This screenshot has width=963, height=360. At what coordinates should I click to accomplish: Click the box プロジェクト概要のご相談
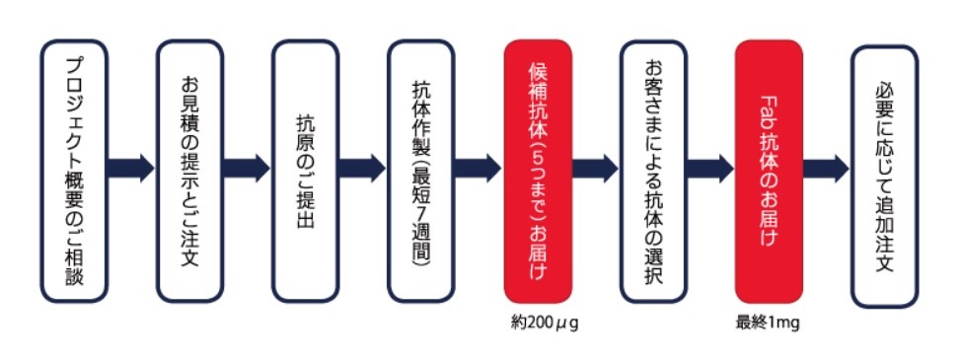tap(74, 171)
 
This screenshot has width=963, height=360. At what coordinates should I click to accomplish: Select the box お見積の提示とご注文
tap(189, 171)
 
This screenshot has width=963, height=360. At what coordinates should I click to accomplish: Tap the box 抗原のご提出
tap(305, 171)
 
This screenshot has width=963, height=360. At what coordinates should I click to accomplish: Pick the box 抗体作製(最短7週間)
tap(420, 171)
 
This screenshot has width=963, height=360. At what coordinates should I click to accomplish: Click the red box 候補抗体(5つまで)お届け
tap(538, 171)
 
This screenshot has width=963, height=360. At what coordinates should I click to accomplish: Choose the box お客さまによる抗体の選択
tap(653, 171)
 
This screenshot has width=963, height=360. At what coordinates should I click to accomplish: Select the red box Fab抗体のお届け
tap(769, 171)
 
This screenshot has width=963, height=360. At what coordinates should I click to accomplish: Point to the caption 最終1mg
tap(768, 324)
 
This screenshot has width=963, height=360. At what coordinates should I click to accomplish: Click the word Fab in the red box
tap(769, 108)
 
